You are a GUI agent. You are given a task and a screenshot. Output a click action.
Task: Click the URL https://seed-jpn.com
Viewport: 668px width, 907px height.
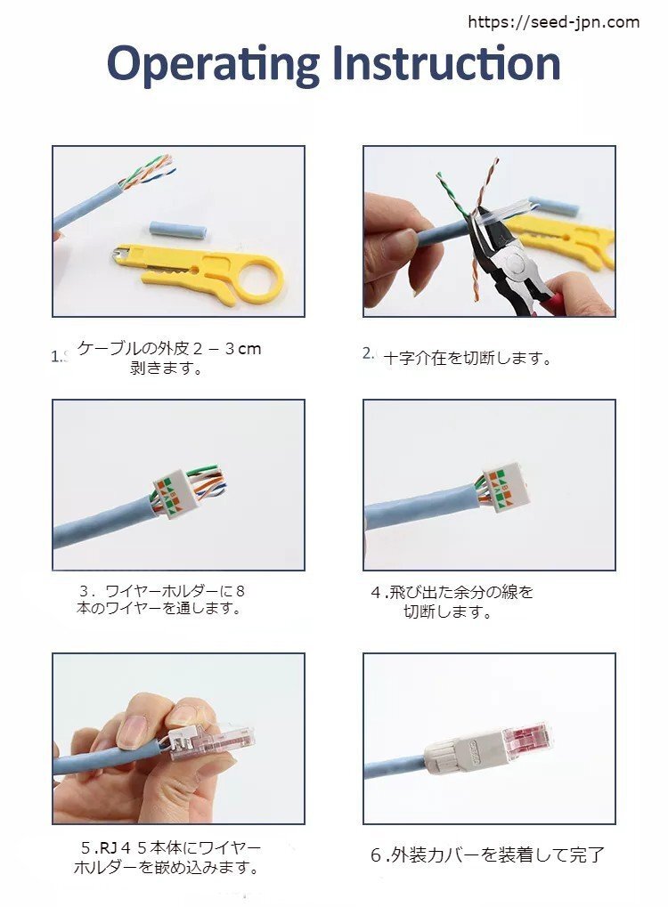553,22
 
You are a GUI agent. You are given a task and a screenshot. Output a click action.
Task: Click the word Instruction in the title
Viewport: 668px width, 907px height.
445,63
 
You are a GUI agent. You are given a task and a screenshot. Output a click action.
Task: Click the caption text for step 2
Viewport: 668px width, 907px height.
468,359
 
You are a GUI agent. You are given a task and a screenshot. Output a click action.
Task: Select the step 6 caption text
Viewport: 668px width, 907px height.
487,855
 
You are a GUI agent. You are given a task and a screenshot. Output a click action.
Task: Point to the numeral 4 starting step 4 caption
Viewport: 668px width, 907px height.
375,592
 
